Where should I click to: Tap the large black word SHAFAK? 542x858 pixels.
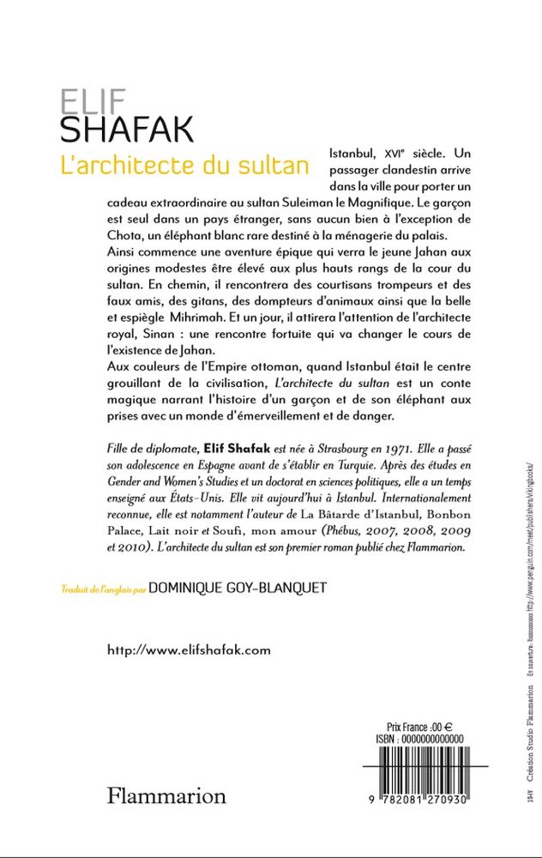126,130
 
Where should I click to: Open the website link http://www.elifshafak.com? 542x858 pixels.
189,650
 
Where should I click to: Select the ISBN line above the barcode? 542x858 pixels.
419,738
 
